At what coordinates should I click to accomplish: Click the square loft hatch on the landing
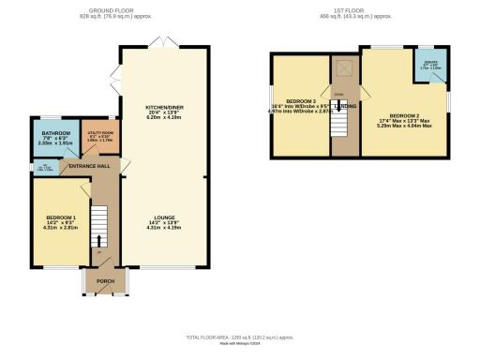pyautogui.click(x=343, y=67)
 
